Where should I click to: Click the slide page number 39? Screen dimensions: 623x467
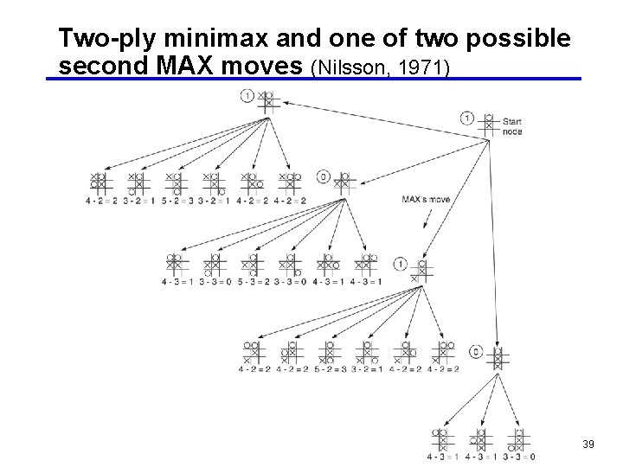588,444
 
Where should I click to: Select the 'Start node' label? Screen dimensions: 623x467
512,126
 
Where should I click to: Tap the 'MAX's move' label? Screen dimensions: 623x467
426,199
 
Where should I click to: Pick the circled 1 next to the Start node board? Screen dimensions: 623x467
467,118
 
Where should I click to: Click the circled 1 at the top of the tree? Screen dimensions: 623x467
247,95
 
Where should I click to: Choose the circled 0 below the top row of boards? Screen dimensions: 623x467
324,176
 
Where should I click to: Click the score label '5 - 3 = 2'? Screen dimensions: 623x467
254,282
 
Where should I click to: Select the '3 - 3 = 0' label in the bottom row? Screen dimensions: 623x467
518,457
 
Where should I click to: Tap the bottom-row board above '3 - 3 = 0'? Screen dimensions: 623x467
517,439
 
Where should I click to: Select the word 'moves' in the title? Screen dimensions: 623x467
269,66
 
